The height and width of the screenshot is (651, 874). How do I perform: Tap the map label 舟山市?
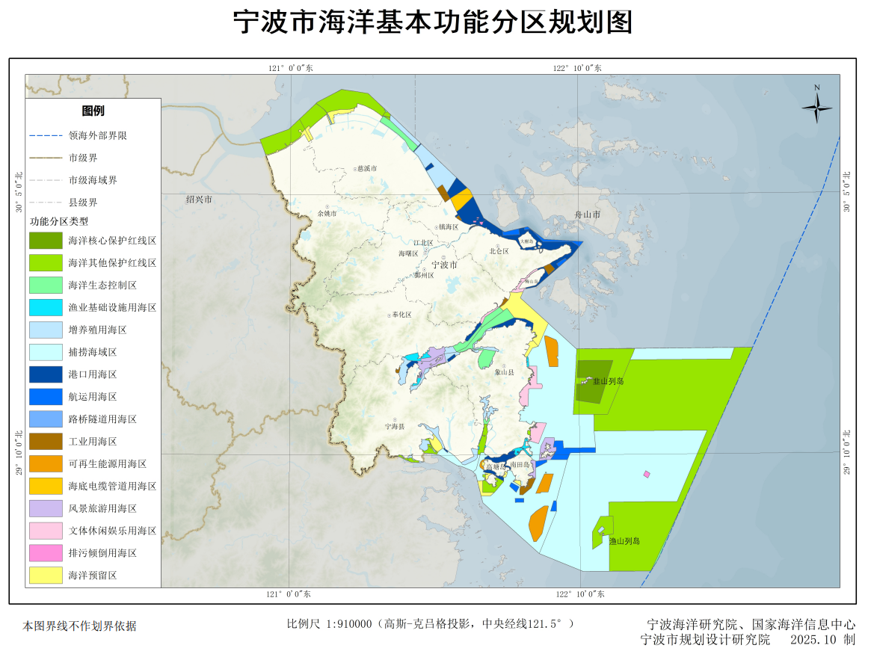click(588, 214)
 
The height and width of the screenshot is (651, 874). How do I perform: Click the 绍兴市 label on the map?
click(200, 200)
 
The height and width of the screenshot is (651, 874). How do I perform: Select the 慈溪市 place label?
click(367, 169)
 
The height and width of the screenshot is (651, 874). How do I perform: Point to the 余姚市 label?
click(327, 214)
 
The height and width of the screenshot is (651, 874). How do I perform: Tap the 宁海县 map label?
click(394, 426)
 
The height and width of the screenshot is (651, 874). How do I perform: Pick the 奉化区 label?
click(401, 315)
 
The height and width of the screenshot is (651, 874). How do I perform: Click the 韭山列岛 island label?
click(608, 381)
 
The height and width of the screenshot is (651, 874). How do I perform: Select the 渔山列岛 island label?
click(624, 540)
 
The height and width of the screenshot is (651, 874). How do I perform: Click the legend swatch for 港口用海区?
click(46, 374)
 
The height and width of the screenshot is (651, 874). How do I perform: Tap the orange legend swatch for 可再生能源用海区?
click(46, 464)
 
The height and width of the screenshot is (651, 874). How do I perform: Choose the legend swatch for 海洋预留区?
click(46, 576)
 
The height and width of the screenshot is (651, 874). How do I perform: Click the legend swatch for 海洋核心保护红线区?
click(46, 241)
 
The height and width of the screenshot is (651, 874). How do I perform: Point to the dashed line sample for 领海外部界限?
click(46, 136)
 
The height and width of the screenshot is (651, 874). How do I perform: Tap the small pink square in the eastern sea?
click(647, 474)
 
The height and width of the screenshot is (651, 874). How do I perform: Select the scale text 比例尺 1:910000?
click(330, 624)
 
